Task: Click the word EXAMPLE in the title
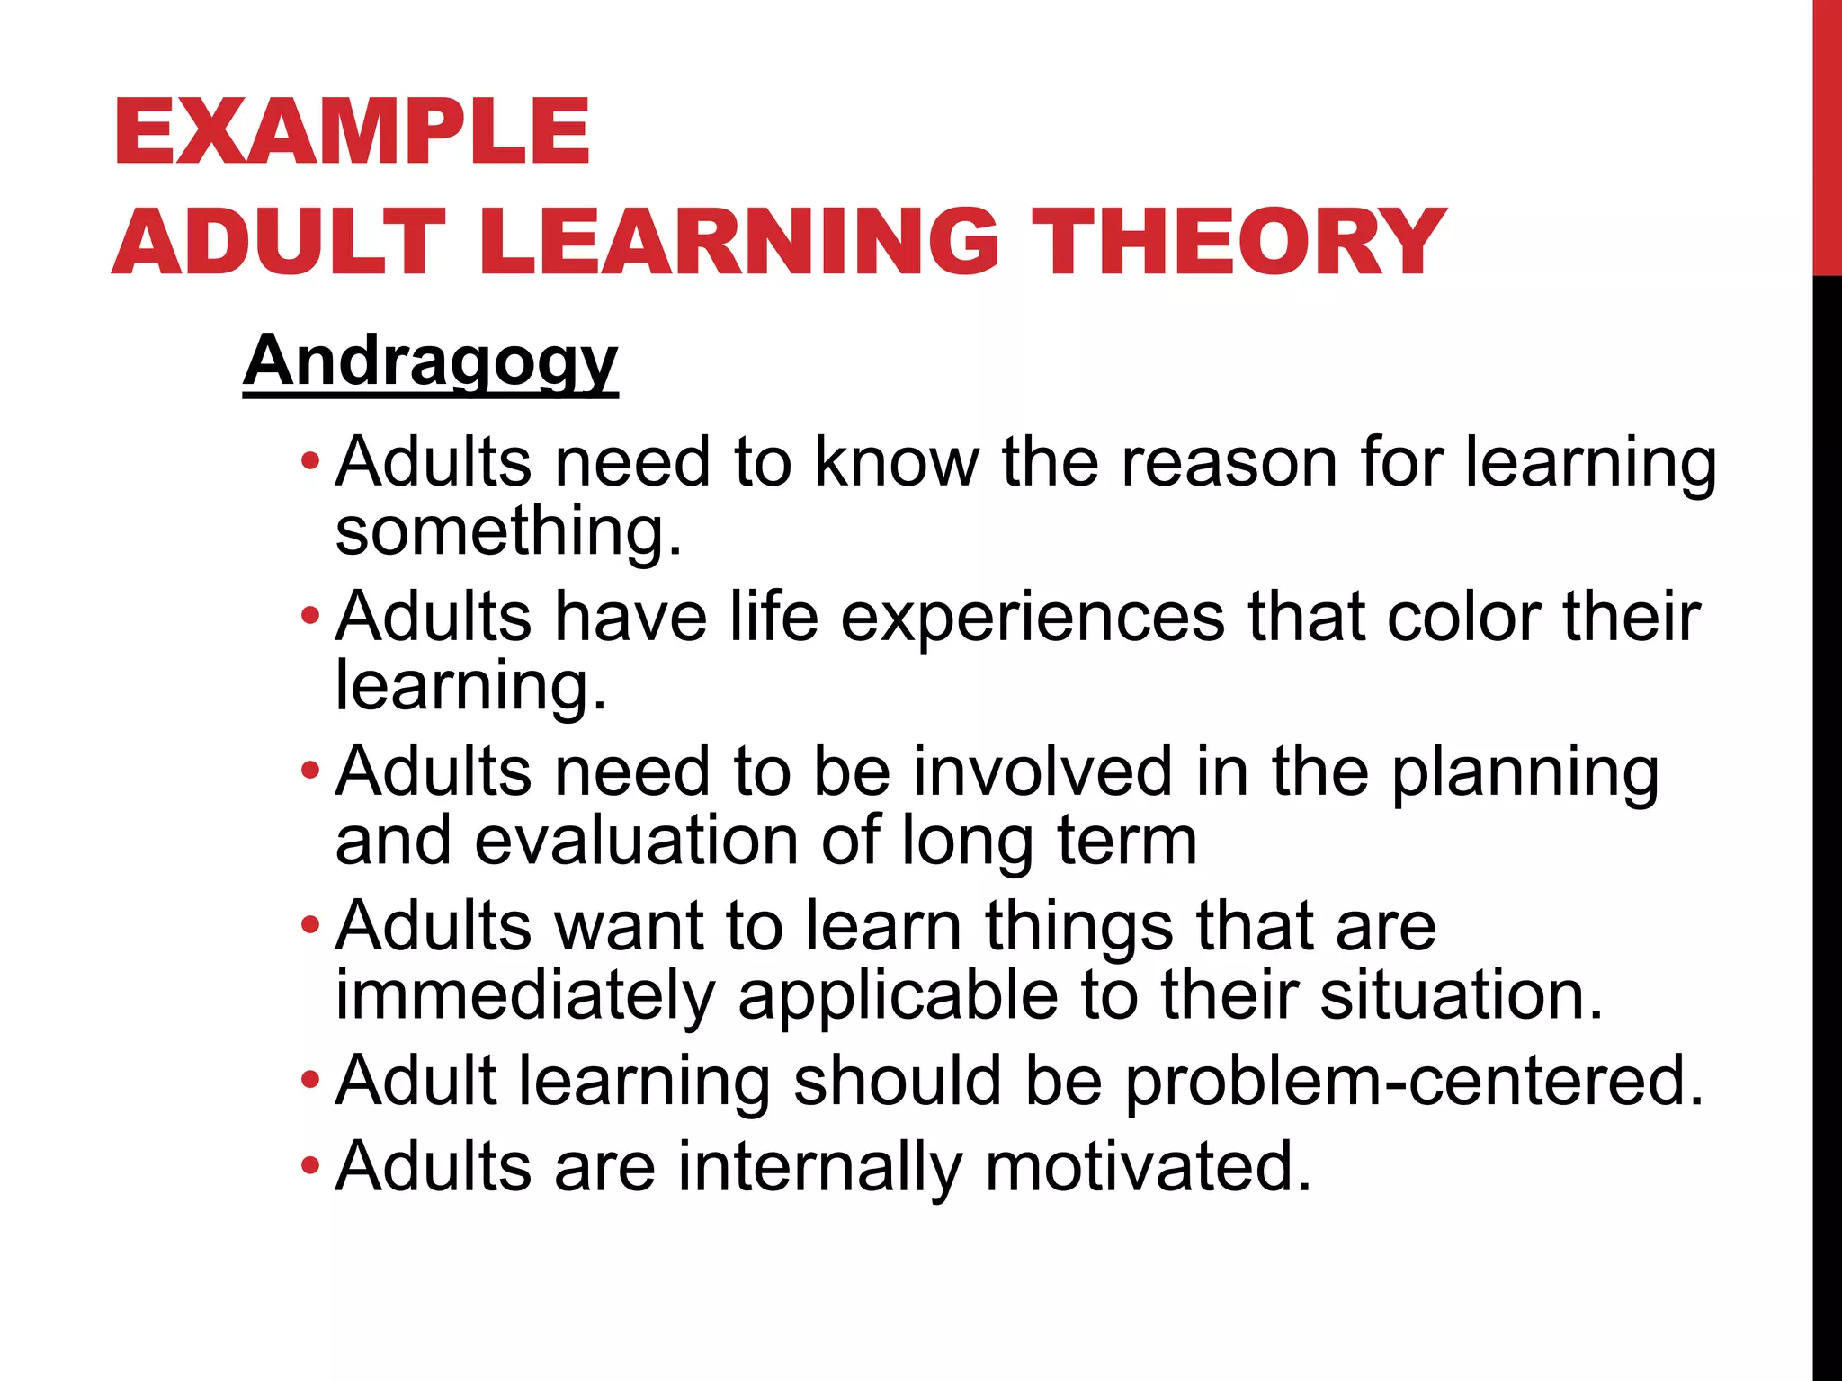[352, 132]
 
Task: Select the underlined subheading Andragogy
[430, 361]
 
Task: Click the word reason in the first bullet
[1229, 462]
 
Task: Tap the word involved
[1043, 771]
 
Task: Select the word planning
[1525, 773]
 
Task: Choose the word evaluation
[637, 841]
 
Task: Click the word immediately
[525, 996]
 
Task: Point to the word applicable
[899, 996]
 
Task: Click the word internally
[820, 1167]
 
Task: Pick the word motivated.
[1149, 1166]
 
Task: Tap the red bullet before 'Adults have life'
[309, 617]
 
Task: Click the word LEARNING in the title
[738, 241]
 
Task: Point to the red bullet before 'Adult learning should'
[309, 1079]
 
